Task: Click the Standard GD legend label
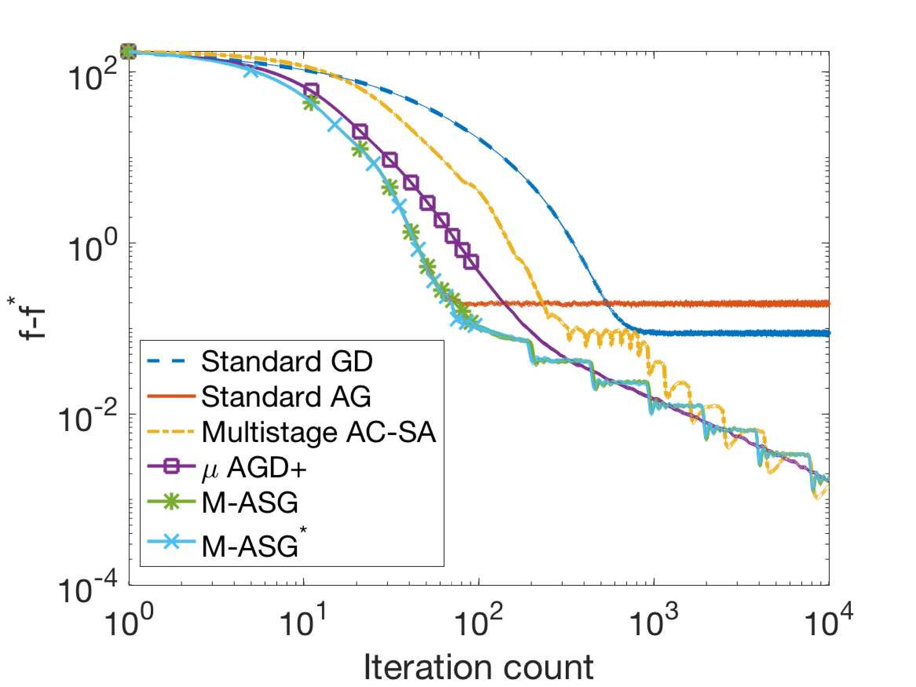pyautogui.click(x=287, y=362)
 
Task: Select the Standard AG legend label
pyautogui.click(x=286, y=397)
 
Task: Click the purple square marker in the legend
pyautogui.click(x=171, y=468)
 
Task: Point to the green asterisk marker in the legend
pyautogui.click(x=171, y=503)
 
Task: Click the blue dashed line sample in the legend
pyautogui.click(x=171, y=362)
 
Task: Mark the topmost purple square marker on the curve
pyautogui.click(x=311, y=90)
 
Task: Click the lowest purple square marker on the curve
pyautogui.click(x=472, y=262)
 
